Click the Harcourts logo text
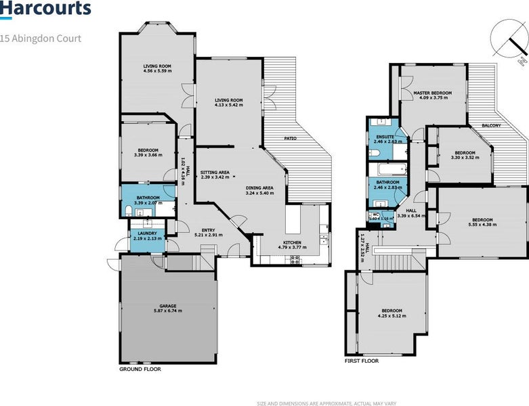point(45,9)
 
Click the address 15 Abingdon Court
point(41,39)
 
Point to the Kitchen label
point(292,242)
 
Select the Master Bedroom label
point(432,93)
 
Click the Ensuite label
point(385,137)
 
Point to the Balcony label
point(491,126)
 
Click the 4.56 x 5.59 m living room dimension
point(157,71)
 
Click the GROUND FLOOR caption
point(140,369)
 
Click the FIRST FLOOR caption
point(362,361)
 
